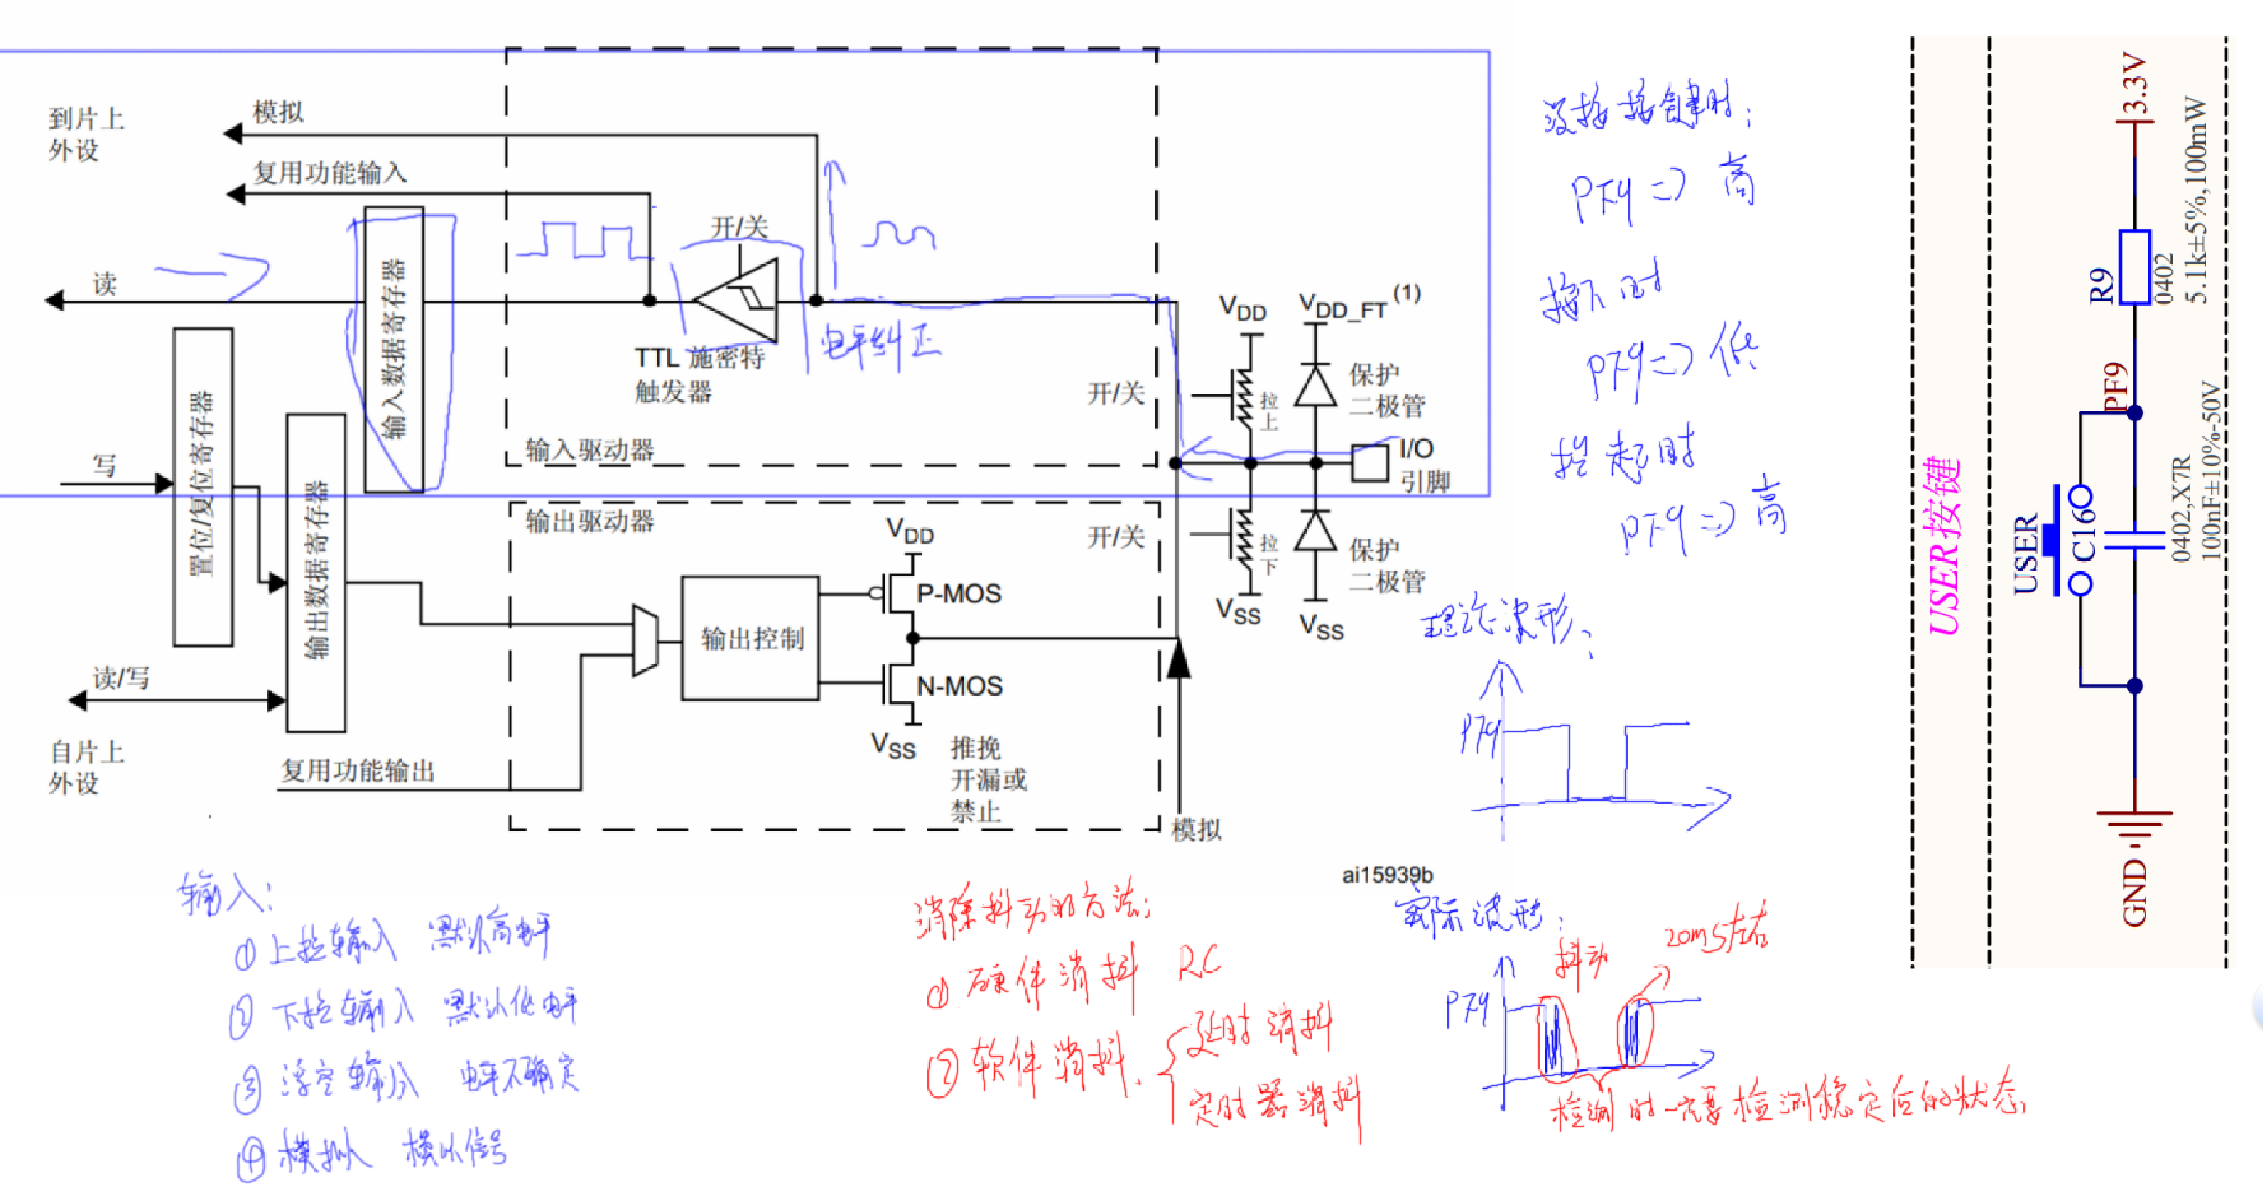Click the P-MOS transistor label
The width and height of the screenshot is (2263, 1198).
(957, 594)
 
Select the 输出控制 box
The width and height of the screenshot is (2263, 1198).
(751, 638)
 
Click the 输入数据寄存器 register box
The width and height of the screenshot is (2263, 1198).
(394, 349)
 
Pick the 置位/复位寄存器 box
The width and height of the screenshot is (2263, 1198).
(203, 486)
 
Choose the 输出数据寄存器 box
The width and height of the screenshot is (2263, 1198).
(316, 572)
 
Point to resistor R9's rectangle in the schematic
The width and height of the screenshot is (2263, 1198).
(2134, 267)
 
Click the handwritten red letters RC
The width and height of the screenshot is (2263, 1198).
(1198, 964)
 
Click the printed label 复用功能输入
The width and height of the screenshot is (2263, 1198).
(330, 172)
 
